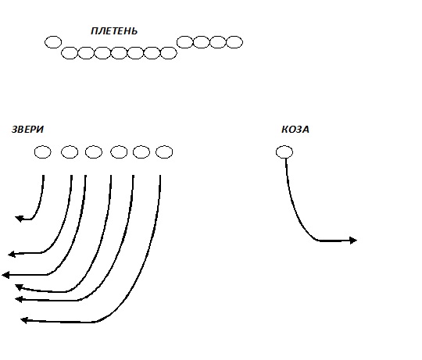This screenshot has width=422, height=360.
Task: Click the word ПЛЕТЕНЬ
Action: [x=114, y=31]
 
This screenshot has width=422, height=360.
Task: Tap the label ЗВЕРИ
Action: [x=27, y=130]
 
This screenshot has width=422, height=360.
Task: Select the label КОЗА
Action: [x=295, y=130]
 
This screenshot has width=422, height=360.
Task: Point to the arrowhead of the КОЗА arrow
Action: [x=353, y=240]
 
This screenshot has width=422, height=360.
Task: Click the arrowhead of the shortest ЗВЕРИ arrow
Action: [x=19, y=219]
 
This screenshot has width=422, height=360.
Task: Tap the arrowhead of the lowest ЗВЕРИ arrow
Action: [x=24, y=320]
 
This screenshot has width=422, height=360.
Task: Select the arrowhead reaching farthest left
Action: [x=5, y=275]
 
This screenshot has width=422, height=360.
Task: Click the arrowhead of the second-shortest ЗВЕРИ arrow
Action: [x=12, y=254]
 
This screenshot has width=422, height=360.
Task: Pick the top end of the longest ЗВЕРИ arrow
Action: [x=160, y=175]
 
